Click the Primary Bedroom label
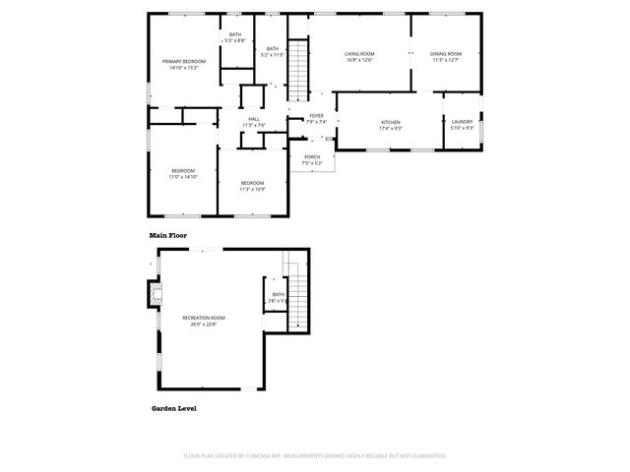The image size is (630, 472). tap(183, 64)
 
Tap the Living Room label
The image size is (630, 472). tap(359, 56)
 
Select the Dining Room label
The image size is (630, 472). tap(446, 56)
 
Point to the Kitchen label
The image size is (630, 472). tap(391, 125)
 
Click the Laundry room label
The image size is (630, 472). tap(463, 125)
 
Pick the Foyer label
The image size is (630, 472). tap(316, 118)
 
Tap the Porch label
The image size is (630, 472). tap(312, 159)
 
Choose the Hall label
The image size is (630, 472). tap(254, 122)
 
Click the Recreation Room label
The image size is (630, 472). tap(204, 320)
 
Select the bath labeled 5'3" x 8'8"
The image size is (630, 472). tap(235, 37)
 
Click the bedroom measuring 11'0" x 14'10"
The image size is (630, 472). tap(183, 174)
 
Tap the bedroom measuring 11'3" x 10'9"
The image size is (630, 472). tap(253, 185)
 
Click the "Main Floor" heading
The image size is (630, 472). tap(168, 236)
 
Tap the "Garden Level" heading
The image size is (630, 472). tap(172, 407)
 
